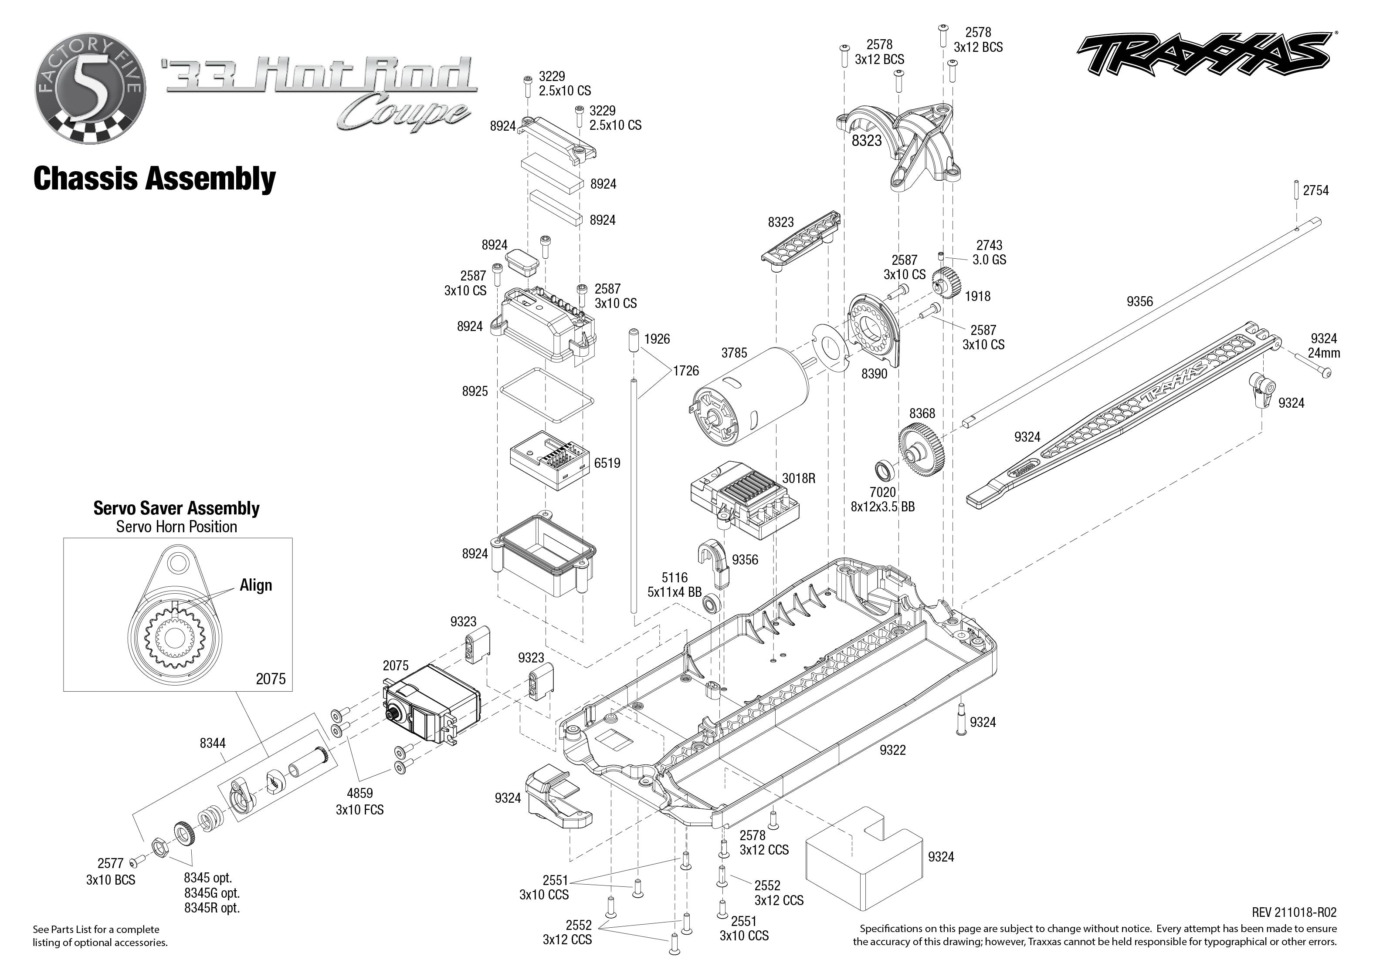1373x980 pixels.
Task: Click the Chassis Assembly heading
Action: [x=155, y=179]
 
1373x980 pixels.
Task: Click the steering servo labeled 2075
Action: [x=431, y=703]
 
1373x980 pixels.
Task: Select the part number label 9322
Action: [x=892, y=750]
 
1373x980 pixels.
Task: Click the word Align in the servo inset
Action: [x=256, y=585]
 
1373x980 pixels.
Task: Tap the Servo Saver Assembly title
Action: [x=176, y=508]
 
